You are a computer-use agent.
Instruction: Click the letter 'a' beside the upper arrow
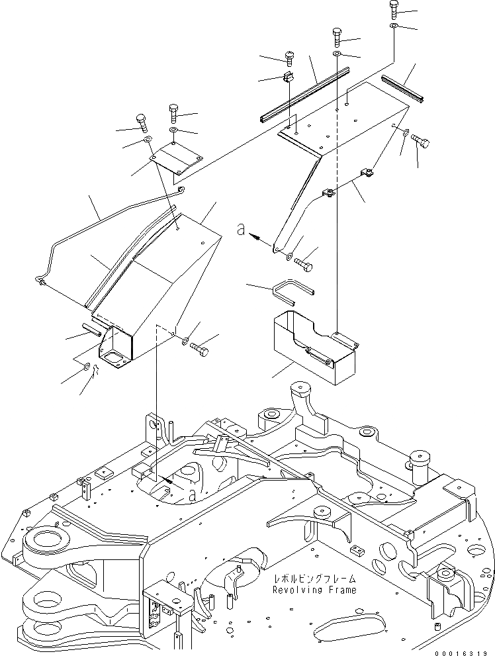[x=242, y=231]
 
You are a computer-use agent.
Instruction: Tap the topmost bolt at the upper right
[x=394, y=9]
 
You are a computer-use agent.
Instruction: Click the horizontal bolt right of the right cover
[x=420, y=140]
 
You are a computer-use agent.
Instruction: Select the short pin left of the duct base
[x=91, y=325]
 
